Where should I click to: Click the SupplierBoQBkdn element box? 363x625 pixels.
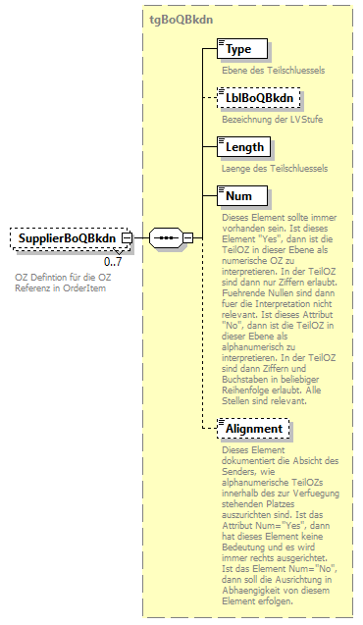66,237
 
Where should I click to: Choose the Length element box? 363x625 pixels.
243,147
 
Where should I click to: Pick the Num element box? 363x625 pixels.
238,196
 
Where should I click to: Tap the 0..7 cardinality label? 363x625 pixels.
112,262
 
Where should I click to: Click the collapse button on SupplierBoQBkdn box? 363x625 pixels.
128,237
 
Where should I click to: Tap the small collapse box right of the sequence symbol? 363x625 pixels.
187,237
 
